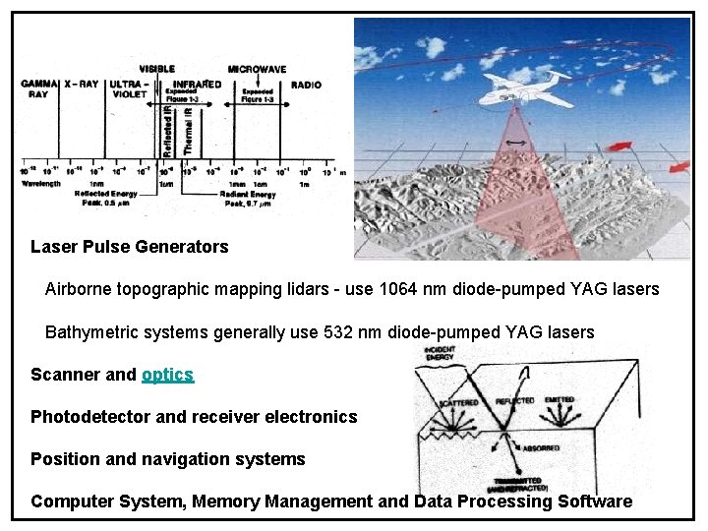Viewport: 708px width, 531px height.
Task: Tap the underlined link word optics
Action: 167,375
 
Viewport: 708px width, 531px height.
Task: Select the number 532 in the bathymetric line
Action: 337,332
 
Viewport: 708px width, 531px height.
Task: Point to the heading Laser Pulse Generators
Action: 129,247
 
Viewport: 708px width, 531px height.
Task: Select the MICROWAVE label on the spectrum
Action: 257,70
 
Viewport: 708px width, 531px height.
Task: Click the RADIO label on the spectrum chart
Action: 306,86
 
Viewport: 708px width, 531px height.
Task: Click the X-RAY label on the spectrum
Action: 83,86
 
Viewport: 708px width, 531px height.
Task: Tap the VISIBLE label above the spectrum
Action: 157,69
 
